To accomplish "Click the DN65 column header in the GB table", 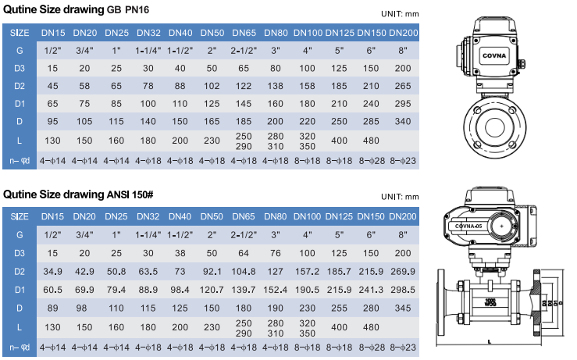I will click(244, 32).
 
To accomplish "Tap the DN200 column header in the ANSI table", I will click(403, 216).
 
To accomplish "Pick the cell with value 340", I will click(403, 121).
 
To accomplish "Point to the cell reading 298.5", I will click(403, 290).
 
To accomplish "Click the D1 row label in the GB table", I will click(20, 103).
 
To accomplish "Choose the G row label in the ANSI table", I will click(20, 233).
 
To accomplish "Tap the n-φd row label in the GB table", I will click(20, 161).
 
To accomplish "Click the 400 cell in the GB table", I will click(339, 141).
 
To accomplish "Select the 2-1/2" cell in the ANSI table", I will click(244, 233).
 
